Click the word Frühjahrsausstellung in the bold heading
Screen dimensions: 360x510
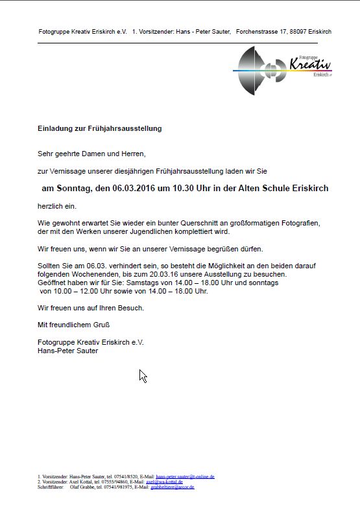click(123, 128)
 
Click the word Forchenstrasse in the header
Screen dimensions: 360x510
click(258, 31)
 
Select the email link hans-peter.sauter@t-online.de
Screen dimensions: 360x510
click(186, 476)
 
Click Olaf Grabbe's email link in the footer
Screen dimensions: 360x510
click(172, 487)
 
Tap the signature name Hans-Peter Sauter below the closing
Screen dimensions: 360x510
click(68, 351)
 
